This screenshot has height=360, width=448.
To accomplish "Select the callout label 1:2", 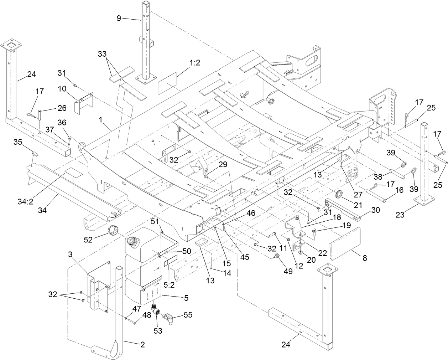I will point(195,62).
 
